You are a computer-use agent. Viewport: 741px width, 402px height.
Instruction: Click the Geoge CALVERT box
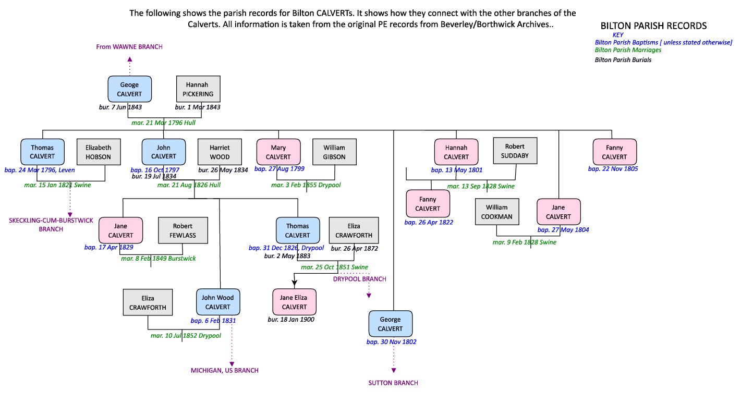(129, 89)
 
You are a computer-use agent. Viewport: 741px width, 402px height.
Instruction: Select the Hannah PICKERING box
(198, 89)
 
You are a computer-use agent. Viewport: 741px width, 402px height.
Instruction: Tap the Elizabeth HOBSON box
(99, 152)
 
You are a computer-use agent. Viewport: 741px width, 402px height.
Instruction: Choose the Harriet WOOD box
(220, 152)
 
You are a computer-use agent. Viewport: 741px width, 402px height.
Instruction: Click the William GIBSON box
(334, 152)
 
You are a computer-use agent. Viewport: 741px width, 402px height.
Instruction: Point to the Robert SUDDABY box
(515, 151)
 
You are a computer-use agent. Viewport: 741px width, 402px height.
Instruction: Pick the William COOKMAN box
(497, 212)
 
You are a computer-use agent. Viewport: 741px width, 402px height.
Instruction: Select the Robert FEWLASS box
(183, 230)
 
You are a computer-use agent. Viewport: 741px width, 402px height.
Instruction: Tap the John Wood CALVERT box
(218, 302)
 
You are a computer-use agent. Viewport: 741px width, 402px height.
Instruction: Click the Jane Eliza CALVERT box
(294, 302)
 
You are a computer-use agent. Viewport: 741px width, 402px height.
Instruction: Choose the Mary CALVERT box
(278, 152)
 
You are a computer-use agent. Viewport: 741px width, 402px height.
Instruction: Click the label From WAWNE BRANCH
(129, 47)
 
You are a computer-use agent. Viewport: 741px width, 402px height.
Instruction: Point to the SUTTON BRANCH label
(393, 383)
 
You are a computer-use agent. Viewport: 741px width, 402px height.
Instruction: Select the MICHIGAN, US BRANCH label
(224, 371)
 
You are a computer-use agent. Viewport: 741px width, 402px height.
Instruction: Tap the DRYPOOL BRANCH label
(360, 279)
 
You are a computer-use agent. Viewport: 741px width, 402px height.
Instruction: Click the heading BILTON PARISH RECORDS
(653, 26)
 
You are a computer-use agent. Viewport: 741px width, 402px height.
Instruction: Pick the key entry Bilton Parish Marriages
(628, 50)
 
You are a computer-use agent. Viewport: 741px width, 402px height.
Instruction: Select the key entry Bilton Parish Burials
(623, 60)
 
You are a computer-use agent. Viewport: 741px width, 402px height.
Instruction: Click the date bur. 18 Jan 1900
(291, 320)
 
